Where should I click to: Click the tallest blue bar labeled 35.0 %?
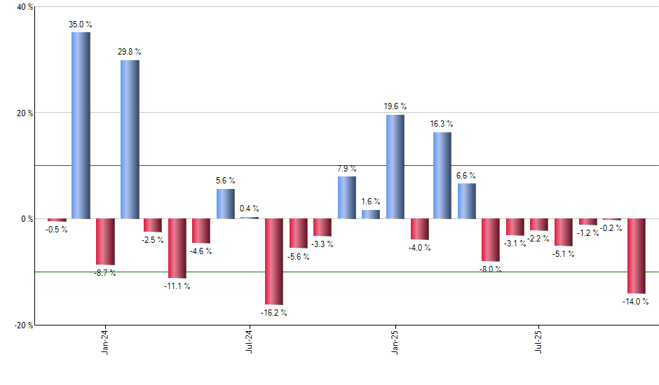point(81,125)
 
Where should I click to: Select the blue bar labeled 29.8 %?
point(130,139)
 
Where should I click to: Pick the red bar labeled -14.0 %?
point(637,255)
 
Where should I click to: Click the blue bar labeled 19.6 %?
point(395,167)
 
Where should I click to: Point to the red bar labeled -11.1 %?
point(177,248)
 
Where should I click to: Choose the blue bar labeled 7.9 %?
point(347,197)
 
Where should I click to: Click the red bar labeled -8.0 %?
point(491,239)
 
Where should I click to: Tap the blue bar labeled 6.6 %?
point(467,201)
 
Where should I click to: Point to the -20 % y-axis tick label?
point(23,325)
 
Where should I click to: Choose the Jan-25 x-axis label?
point(395,342)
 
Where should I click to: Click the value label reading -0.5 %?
point(56,229)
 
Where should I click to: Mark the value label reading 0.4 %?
point(249,209)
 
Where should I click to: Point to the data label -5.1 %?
point(564,254)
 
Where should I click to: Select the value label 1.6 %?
point(371,202)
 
